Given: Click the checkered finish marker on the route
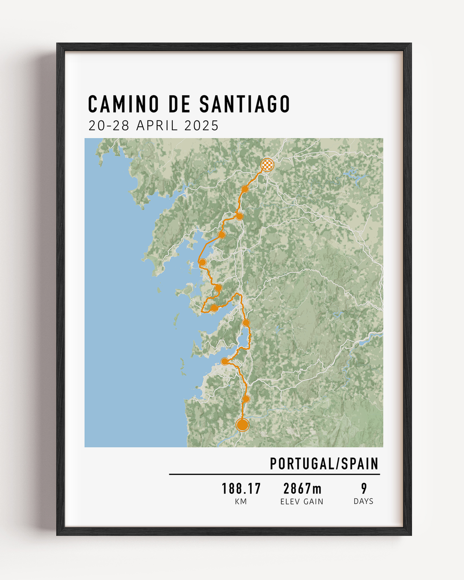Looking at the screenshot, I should [267, 165].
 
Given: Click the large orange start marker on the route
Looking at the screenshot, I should [243, 425].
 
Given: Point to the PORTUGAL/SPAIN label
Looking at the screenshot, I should [324, 464].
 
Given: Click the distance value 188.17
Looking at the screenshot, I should [241, 489].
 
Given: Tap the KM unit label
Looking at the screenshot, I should [241, 501].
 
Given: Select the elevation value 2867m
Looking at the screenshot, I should [302, 489].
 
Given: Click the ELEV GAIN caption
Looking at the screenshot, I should [302, 501].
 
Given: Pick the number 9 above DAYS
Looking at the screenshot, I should [364, 489].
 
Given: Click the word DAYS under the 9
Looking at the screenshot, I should [364, 501].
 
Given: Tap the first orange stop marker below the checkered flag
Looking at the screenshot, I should [245, 189].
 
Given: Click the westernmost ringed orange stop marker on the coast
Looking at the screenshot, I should [202, 262].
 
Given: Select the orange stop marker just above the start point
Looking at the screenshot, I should [246, 398].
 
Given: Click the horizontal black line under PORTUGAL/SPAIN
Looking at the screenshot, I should [274, 474].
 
